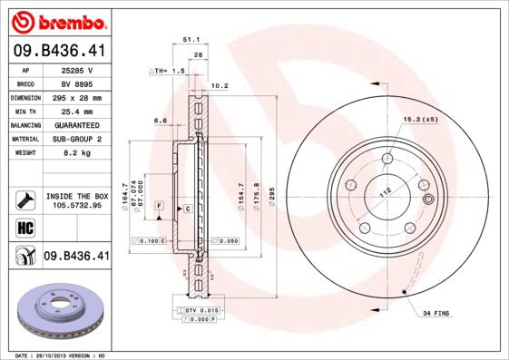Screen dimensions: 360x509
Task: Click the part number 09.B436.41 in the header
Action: pyautogui.click(x=59, y=53)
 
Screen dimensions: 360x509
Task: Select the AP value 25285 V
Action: pyautogui.click(x=78, y=69)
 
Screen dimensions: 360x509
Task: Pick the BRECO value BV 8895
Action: pyautogui.click(x=78, y=83)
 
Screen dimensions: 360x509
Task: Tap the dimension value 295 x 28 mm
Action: pyautogui.click(x=78, y=96)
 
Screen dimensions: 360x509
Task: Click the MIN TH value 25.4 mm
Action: pyautogui.click(x=78, y=110)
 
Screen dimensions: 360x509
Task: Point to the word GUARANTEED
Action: pyautogui.click(x=78, y=124)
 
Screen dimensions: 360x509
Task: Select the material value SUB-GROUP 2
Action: pyautogui.click(x=78, y=139)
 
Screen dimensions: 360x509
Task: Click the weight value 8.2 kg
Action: pyautogui.click(x=78, y=153)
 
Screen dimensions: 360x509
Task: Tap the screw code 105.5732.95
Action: pyautogui.click(x=77, y=205)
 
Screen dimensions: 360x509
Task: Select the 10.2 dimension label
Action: pyautogui.click(x=218, y=87)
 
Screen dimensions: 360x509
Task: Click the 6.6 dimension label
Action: pyautogui.click(x=160, y=120)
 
